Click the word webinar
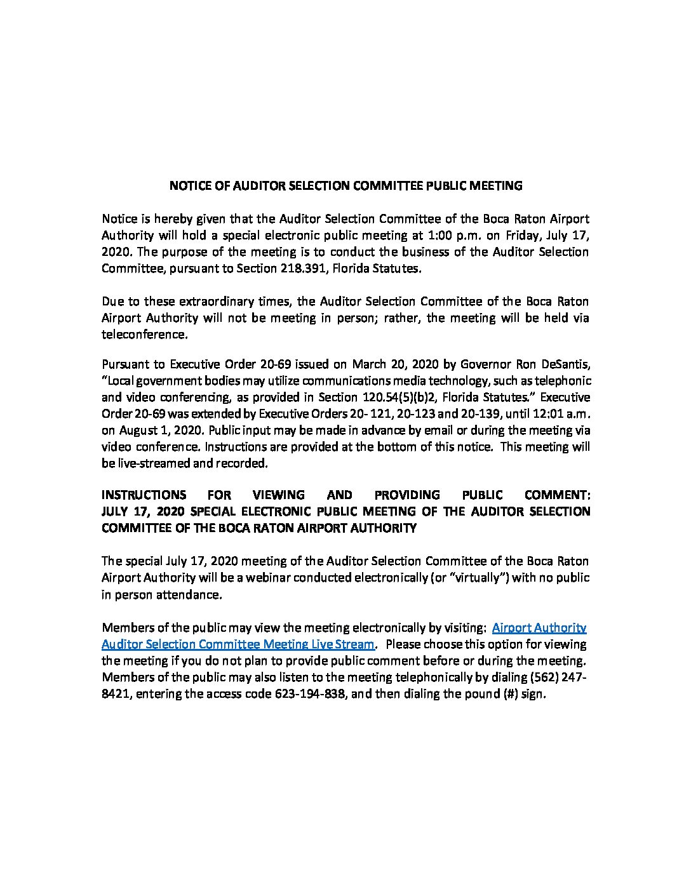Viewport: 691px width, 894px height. click(x=260, y=578)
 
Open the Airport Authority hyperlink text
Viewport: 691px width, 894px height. click(x=539, y=628)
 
